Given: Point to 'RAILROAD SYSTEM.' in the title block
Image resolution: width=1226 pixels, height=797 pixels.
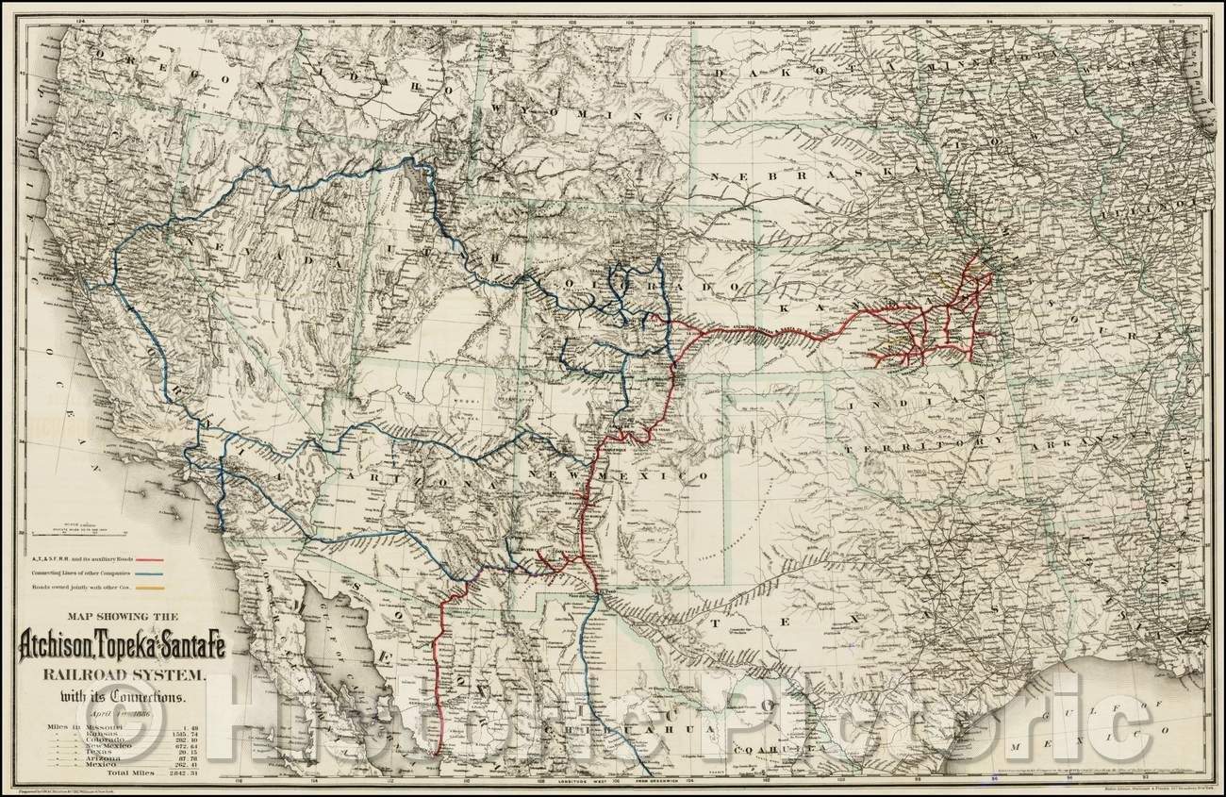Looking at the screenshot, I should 115,675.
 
